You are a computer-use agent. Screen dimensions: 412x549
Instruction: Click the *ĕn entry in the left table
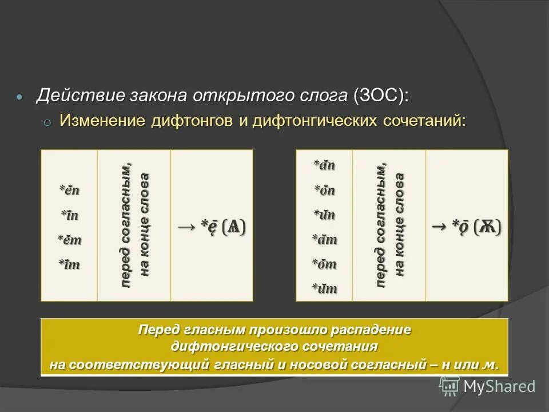click(69, 190)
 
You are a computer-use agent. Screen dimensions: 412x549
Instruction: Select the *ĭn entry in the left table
click(69, 215)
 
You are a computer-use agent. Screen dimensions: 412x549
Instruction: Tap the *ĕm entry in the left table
click(69, 240)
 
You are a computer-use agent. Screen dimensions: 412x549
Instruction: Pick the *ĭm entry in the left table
click(69, 265)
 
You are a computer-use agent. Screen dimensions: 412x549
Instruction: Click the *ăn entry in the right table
click(324, 165)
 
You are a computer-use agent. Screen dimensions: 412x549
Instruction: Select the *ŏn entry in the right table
click(324, 191)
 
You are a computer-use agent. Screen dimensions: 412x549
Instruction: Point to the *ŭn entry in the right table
click(324, 215)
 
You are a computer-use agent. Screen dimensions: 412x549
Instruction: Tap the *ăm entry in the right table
click(324, 240)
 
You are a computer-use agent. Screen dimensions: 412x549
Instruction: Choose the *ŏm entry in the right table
click(324, 264)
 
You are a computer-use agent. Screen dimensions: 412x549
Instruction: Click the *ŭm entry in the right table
click(324, 289)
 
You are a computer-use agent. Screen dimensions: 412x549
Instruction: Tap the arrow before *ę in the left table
click(186, 227)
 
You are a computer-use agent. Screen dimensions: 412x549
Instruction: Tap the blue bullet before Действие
click(21, 97)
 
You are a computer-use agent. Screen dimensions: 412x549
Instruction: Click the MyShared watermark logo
click(487, 386)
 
